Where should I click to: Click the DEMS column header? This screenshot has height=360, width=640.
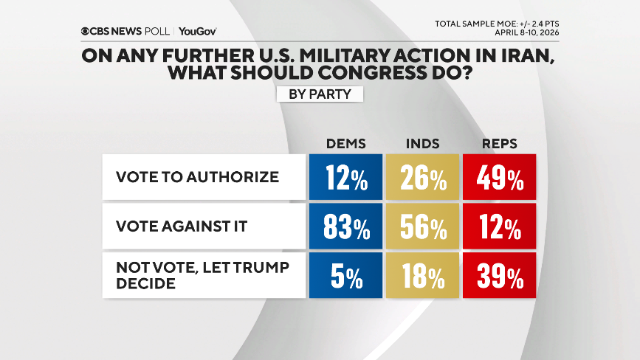click(x=346, y=143)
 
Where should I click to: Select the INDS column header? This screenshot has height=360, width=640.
click(x=422, y=143)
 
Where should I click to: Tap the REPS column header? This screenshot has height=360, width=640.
click(x=499, y=143)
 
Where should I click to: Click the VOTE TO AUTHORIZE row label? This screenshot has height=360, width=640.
click(x=197, y=177)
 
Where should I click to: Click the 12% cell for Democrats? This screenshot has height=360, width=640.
click(x=346, y=178)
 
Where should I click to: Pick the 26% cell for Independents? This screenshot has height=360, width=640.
click(x=423, y=178)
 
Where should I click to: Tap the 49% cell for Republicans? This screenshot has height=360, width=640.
click(x=500, y=178)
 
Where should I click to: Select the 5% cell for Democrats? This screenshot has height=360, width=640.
click(x=346, y=277)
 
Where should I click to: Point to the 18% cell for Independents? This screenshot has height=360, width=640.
click(x=423, y=277)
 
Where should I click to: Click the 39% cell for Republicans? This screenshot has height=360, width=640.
click(x=500, y=277)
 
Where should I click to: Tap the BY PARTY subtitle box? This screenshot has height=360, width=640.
click(x=320, y=94)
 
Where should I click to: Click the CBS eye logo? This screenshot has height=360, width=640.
click(x=86, y=31)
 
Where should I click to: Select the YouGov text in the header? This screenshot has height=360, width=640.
click(x=198, y=31)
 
